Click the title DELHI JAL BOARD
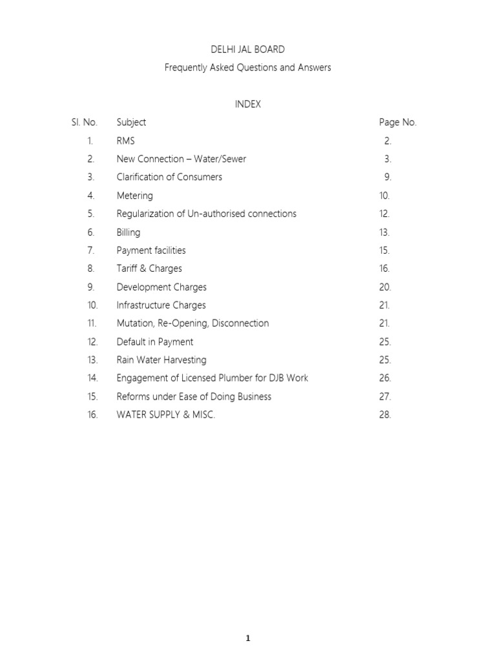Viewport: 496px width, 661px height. [x=248, y=49]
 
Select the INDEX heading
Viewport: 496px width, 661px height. [x=248, y=104]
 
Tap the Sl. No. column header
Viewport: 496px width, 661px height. [x=85, y=122]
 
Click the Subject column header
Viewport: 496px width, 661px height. [x=131, y=122]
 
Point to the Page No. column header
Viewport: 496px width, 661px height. [x=398, y=122]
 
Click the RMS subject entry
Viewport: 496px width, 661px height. [x=126, y=141]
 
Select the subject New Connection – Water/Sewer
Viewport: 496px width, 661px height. [x=181, y=159]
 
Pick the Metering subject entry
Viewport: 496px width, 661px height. [x=135, y=196]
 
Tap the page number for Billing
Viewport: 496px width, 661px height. [x=385, y=232]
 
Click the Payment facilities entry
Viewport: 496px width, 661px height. [x=151, y=250]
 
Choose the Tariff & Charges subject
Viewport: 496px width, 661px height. [x=149, y=269]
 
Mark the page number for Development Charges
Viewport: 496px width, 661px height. [x=386, y=287]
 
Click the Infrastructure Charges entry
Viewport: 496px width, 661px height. [x=161, y=305]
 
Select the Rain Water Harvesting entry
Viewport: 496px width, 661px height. [x=161, y=360]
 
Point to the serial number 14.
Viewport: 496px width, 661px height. [x=93, y=378]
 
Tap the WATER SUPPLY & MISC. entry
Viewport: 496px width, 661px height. [x=166, y=415]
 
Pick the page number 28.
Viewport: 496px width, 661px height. [x=386, y=415]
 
